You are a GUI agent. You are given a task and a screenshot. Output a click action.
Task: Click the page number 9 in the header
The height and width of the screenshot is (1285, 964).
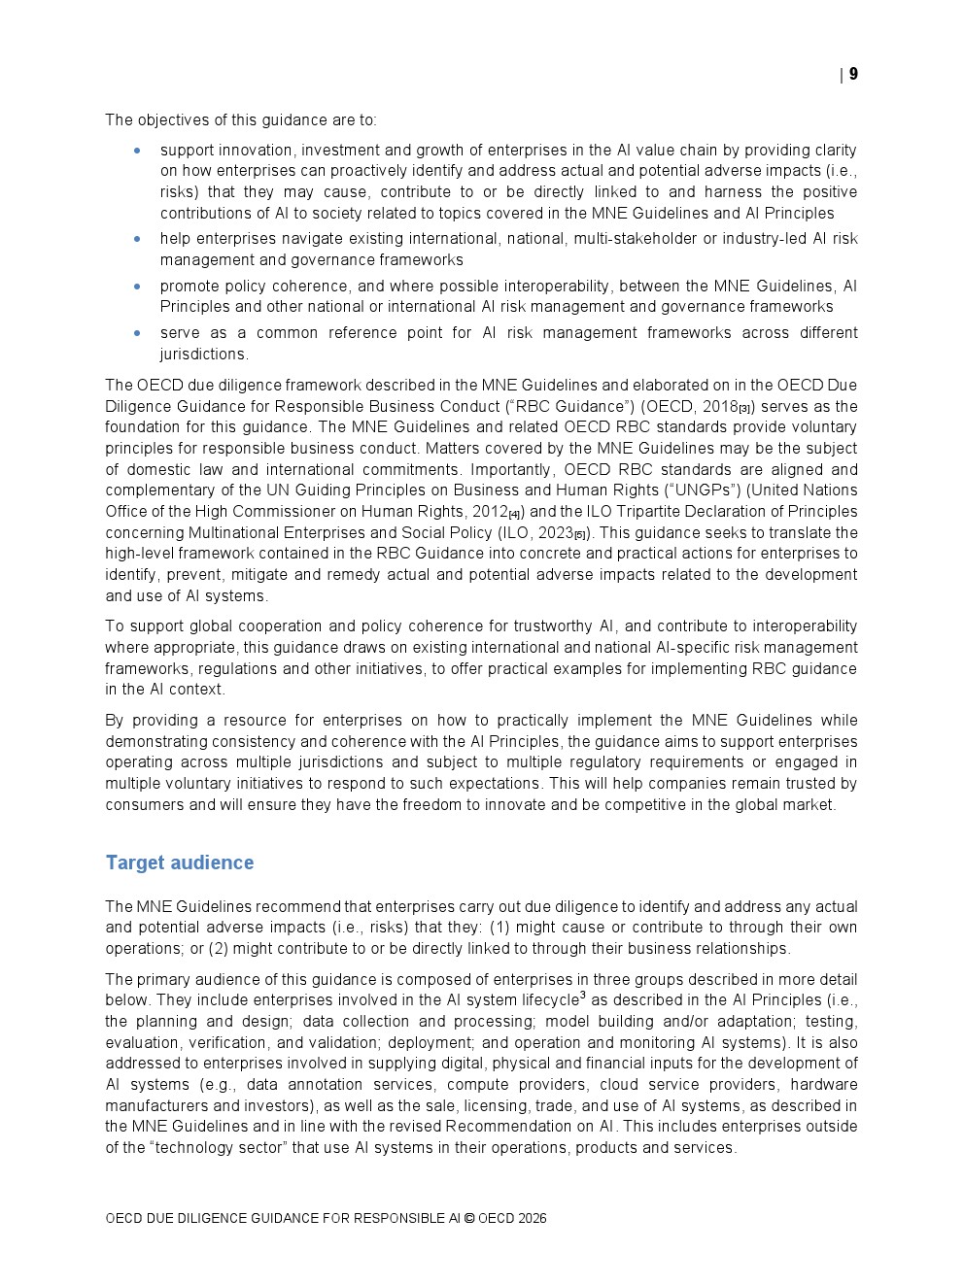[x=853, y=74]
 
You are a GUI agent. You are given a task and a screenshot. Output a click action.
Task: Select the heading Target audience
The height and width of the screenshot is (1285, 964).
[x=179, y=862]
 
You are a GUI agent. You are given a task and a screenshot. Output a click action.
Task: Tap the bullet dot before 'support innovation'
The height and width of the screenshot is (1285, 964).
[x=137, y=151]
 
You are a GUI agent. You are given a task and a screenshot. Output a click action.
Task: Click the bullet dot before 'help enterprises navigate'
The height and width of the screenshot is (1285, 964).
[x=137, y=239]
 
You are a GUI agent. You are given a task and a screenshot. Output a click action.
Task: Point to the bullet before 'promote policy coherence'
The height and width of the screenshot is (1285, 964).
[x=137, y=287]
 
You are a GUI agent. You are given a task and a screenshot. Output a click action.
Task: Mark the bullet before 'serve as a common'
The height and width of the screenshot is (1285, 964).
[x=137, y=333]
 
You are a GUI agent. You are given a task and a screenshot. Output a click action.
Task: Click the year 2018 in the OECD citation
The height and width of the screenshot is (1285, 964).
[x=719, y=407]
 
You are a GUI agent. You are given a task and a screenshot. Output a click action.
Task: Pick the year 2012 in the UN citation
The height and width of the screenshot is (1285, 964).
[x=490, y=512]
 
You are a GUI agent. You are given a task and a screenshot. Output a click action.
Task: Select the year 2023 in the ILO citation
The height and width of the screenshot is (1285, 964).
[x=555, y=533]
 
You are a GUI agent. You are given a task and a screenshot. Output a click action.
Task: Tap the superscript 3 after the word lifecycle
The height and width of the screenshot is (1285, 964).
[x=583, y=996]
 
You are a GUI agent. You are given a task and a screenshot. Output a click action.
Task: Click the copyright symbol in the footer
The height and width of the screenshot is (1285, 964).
[x=469, y=1219]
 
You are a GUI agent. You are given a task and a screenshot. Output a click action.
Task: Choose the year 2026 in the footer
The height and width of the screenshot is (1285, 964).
[x=532, y=1219]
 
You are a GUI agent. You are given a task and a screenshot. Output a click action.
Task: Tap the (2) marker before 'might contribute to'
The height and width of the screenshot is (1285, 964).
[x=219, y=949]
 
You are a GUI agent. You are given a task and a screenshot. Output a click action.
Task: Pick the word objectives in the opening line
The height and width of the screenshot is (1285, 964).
[x=170, y=120]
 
